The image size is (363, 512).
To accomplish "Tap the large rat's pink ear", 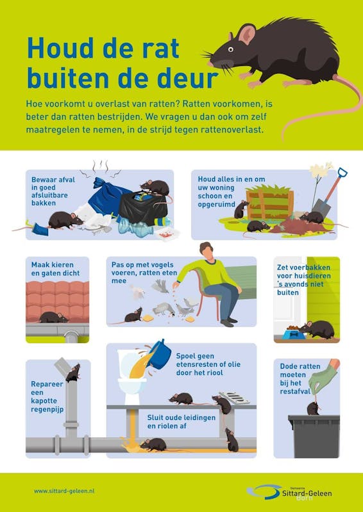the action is [x=247, y=34].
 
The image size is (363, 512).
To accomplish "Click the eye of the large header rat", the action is [x=231, y=49].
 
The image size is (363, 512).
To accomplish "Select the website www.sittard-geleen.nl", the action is [x=64, y=491].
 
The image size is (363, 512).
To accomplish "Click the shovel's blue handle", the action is [x=342, y=173].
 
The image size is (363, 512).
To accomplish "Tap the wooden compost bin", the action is [x=270, y=205].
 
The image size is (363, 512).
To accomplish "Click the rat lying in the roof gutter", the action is [x=53, y=317].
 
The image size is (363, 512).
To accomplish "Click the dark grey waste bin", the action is [x=314, y=436].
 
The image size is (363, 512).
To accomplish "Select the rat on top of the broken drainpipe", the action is [x=72, y=373].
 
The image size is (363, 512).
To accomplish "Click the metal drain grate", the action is [x=234, y=397].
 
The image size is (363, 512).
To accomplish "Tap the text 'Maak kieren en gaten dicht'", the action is [x=55, y=269].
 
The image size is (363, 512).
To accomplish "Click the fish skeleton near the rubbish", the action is [x=97, y=230].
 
